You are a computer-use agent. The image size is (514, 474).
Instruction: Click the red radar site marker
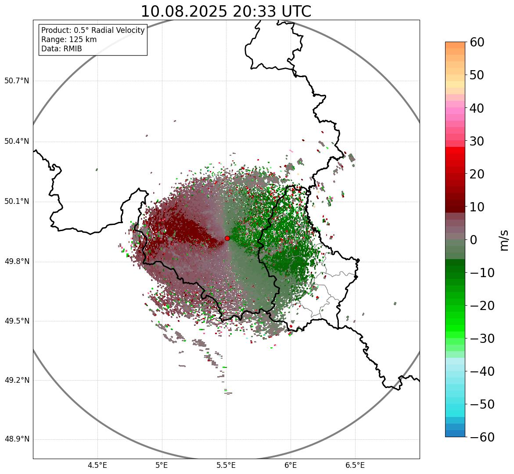pos(227,238)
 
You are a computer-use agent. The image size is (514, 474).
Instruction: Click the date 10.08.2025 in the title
pos(184,11)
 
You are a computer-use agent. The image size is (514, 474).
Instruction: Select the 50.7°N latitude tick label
pos(17,81)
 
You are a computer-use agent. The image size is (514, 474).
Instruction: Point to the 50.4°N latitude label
pos(17,141)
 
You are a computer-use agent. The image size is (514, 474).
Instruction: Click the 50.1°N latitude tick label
pos(17,202)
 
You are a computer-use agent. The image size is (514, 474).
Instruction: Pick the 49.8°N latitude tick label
pos(17,261)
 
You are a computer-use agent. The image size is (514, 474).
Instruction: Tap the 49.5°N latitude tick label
pos(17,321)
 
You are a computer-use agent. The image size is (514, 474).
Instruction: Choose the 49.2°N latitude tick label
pos(17,380)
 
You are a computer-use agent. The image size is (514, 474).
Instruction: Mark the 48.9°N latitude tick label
pos(17,439)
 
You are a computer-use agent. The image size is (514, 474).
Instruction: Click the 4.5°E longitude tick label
pos(97,465)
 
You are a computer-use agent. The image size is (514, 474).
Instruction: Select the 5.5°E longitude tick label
pos(226,465)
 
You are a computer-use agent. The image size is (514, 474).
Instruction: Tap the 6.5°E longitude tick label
pos(355,465)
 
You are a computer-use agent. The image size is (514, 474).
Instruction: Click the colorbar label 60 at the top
pos(477,43)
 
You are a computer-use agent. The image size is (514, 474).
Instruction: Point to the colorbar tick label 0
pos(474,240)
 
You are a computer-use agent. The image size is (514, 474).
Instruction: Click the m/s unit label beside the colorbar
pos(505,240)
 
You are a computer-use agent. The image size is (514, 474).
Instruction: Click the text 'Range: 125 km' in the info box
pos(69,39)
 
